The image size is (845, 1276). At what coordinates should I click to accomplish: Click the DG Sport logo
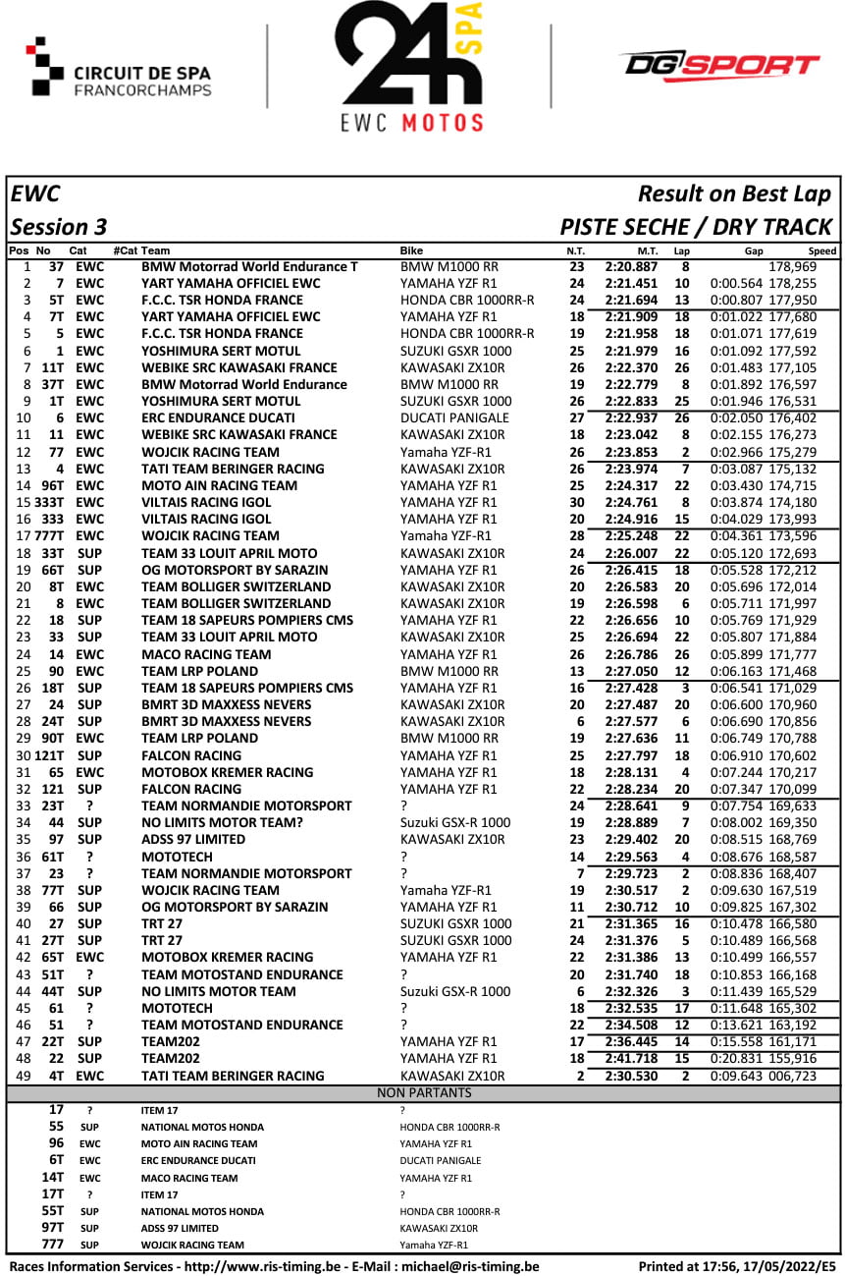point(719,67)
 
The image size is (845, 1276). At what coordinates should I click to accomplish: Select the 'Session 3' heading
point(59,227)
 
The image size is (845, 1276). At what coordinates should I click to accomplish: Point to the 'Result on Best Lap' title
point(734,194)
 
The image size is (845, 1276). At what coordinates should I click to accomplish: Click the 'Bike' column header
point(411,251)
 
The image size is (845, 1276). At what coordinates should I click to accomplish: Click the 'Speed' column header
point(822,251)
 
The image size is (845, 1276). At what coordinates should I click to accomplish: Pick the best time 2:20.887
point(631,266)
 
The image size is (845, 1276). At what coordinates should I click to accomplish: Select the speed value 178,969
point(793,266)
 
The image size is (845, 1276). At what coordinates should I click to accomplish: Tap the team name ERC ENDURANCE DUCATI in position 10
point(217,418)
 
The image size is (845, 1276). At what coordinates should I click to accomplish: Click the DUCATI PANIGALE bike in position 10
point(454,418)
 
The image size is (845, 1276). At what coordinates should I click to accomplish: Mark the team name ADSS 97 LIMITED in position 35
point(193,840)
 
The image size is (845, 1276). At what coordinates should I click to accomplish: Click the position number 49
point(26,1076)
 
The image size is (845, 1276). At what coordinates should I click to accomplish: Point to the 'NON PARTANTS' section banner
point(423,1092)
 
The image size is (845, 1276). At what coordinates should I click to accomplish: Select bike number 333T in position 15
point(49,503)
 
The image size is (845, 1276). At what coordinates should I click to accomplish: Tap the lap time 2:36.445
point(631,1042)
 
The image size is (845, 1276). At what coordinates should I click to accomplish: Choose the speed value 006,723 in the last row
point(793,1076)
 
